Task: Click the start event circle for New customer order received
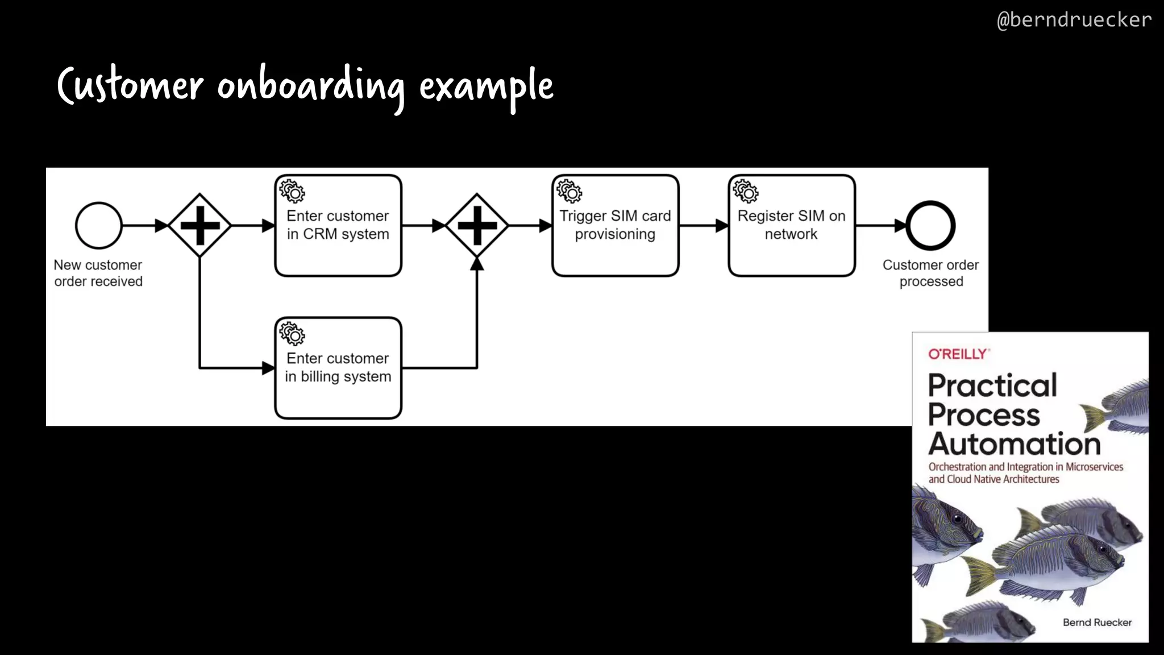99,226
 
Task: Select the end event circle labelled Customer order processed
930,226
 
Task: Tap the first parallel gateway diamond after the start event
199,226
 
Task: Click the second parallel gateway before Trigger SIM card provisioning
477,226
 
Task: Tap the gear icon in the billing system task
293,334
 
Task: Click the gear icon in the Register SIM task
746,192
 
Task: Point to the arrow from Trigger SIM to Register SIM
704,226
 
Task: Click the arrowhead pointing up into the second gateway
477,264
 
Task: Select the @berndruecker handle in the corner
1074,20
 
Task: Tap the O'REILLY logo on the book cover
958,354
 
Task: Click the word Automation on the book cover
1015,444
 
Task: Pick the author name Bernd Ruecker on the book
1097,623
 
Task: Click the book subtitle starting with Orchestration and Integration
1025,473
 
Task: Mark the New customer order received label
98,273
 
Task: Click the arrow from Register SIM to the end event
880,226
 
